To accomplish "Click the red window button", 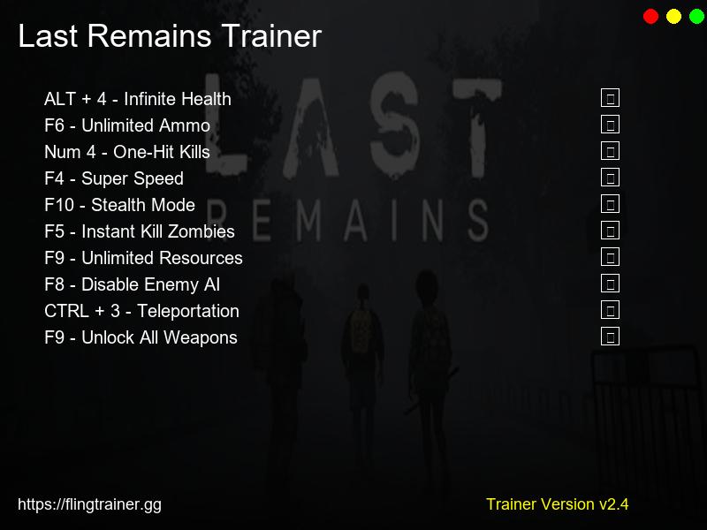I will point(651,16).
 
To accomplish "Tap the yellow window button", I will point(673,16).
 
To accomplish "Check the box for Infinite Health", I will point(610,98).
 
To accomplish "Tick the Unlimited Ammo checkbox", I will point(610,125).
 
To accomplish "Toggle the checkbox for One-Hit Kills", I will point(610,151).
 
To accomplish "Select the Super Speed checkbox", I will point(610,178).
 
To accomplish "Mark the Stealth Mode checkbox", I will point(610,204).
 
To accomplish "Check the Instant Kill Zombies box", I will point(610,231).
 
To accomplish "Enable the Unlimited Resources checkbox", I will point(610,257).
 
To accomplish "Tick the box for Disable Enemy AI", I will point(610,284).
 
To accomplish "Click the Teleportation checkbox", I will point(610,310).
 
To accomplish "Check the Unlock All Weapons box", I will point(610,337).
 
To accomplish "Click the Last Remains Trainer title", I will point(170,37).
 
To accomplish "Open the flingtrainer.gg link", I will point(89,504).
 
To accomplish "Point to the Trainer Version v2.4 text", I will point(557,504).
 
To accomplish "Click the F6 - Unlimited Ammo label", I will point(127,125).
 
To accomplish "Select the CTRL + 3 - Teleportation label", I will point(141,311).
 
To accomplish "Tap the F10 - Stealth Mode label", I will point(119,205).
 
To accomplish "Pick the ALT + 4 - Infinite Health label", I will point(138,99).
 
